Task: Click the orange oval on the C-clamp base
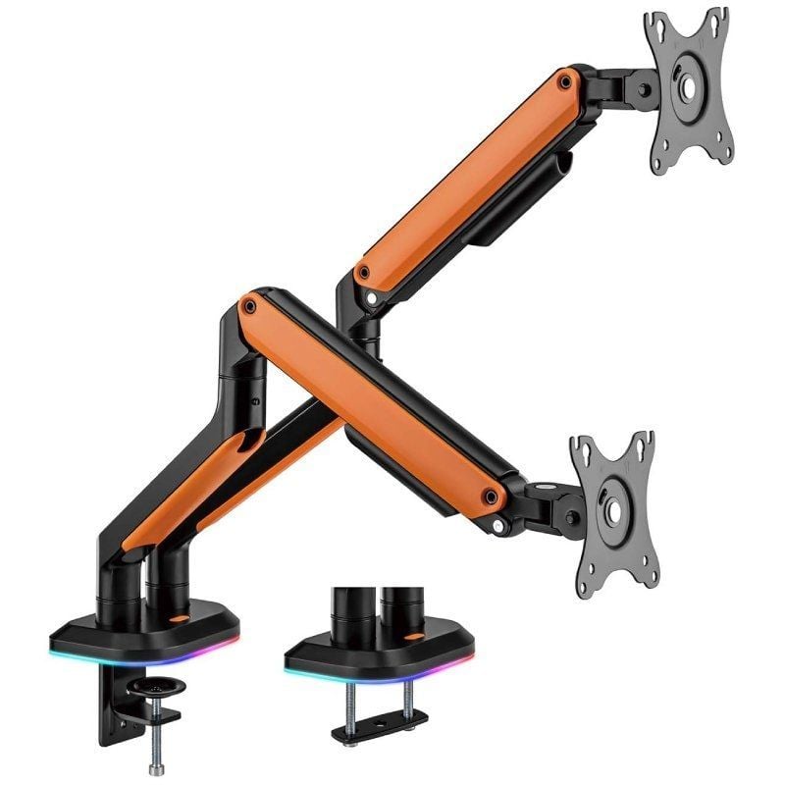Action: (181, 620)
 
